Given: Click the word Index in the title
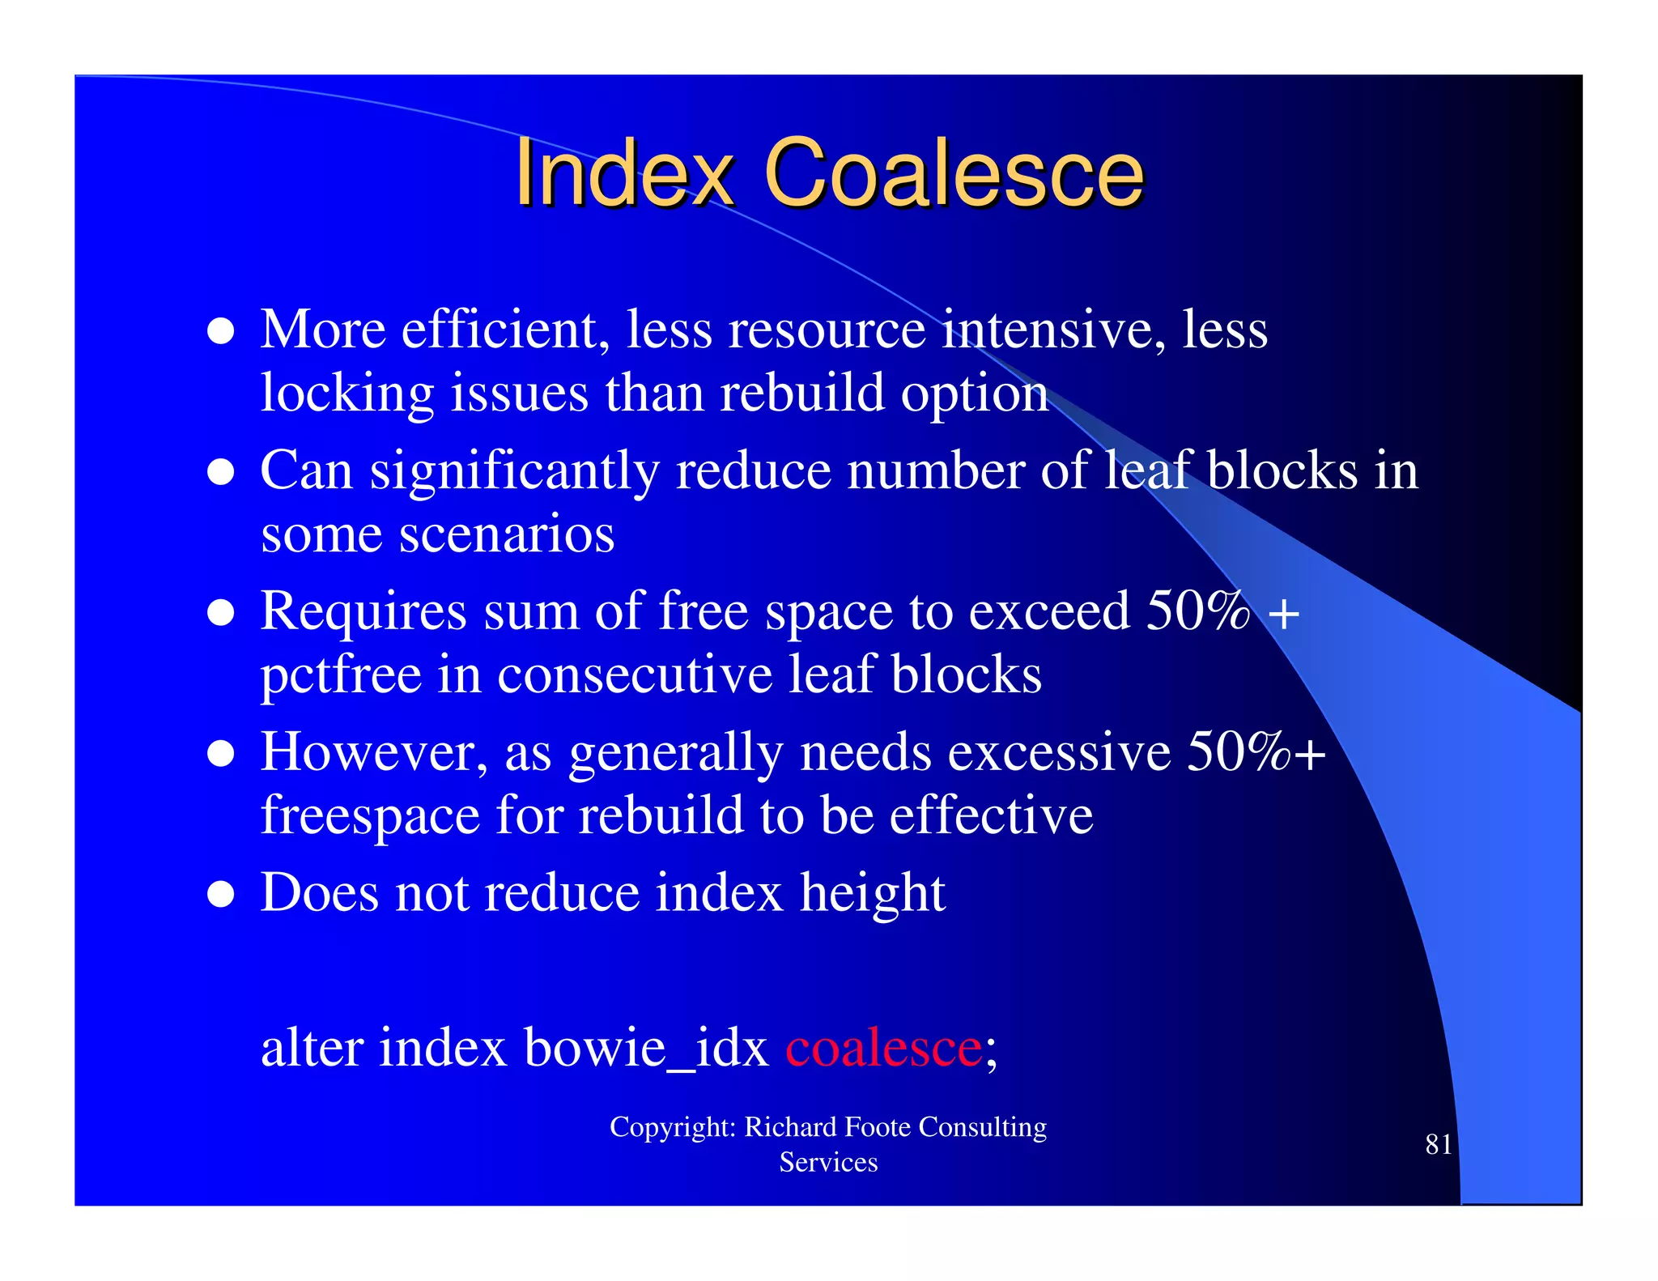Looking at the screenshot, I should [x=623, y=173].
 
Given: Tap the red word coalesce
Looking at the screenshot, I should [x=883, y=1048].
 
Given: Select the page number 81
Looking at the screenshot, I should [x=1438, y=1144].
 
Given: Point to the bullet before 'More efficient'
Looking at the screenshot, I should [x=221, y=331].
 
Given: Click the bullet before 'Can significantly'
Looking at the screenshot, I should [x=221, y=472].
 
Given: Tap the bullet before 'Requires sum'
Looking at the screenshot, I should [x=221, y=613].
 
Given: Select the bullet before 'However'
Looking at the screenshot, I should [x=221, y=754].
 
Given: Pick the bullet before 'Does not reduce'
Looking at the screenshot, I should [x=221, y=895].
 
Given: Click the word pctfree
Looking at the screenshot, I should [x=341, y=675].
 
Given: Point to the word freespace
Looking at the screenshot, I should [x=370, y=815].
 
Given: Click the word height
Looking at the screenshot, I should [x=872, y=893].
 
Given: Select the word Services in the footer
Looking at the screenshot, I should [x=828, y=1163].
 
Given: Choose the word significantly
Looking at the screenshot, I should [x=514, y=472].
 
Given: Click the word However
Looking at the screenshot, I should [x=374, y=753].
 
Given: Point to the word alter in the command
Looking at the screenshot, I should [x=311, y=1048].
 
